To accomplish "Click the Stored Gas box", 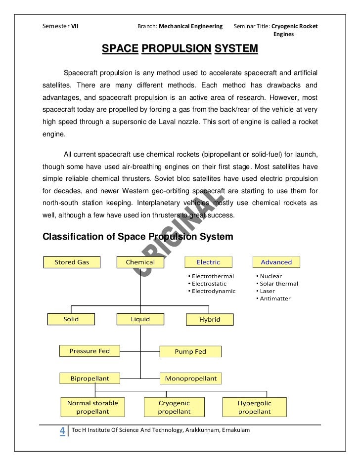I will click(x=72, y=262).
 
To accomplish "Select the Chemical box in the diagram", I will click(x=140, y=262).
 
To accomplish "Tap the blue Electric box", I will click(x=208, y=262).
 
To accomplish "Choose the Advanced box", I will click(x=276, y=262).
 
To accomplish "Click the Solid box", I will click(x=71, y=319).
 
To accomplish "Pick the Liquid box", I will click(x=140, y=319).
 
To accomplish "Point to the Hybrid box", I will click(x=210, y=320).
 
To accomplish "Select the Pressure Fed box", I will click(x=89, y=351).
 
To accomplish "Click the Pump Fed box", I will click(x=190, y=352).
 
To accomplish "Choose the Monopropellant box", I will click(x=191, y=379).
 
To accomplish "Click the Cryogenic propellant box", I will click(x=174, y=408).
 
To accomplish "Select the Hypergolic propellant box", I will click(x=254, y=408).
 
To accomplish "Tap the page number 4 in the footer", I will click(x=62, y=431).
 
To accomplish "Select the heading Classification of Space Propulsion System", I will click(x=138, y=237).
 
